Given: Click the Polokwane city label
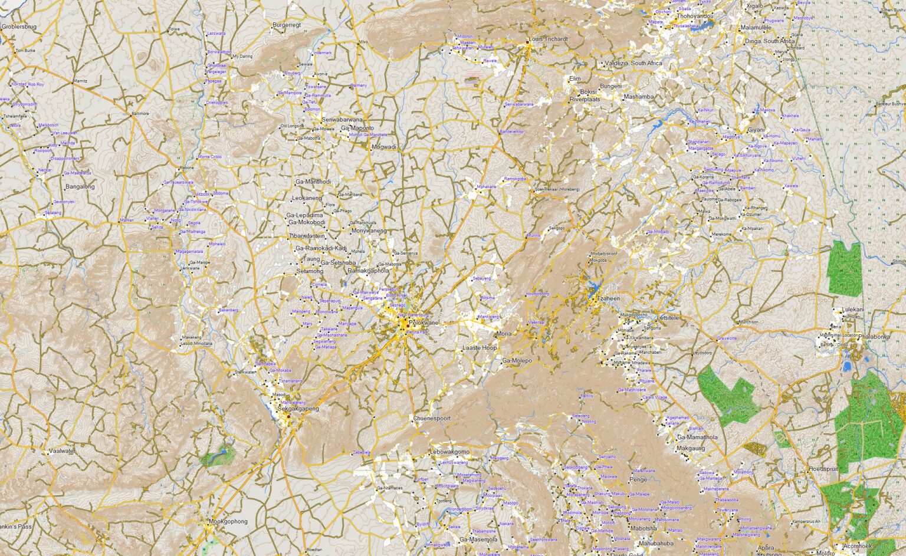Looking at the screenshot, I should pos(424,323).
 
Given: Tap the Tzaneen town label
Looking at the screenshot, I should pos(609,298).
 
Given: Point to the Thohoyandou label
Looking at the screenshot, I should pos(695,16).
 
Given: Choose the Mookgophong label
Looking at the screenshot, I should pos(228,521).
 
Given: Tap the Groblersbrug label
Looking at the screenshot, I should pos(19,27).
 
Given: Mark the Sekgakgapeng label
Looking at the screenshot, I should pos(298,409).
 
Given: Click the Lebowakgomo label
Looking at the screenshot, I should pos(450,452).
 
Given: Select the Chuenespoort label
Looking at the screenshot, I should pos(432,418).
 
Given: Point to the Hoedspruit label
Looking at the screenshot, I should pos(823,469).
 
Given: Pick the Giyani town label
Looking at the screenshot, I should pos(756,130).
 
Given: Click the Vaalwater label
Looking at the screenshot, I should pos(62,451).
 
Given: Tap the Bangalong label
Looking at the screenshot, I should pos(80,186).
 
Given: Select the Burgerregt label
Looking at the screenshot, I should pos(287,25).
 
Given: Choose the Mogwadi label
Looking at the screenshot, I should pos(384,147).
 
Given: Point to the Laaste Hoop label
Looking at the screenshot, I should pos(480,348).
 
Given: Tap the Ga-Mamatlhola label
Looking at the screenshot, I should pos(697,437).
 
